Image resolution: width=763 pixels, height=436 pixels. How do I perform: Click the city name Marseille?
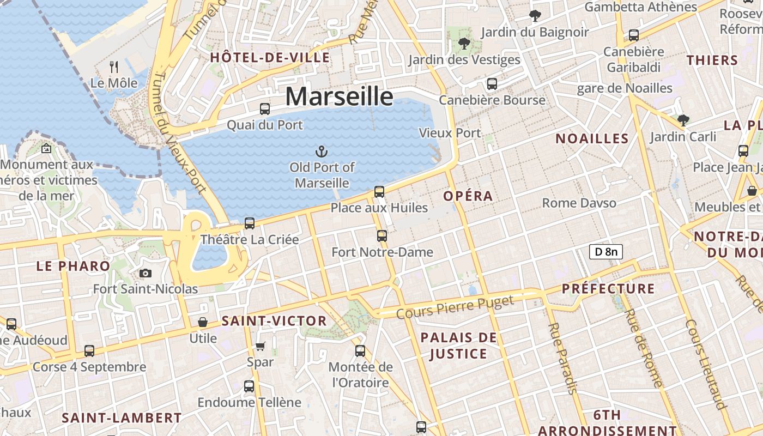coord(339,96)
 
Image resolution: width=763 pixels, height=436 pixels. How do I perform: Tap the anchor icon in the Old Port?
coord(322,151)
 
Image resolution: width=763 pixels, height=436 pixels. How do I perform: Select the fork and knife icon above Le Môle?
coord(114,67)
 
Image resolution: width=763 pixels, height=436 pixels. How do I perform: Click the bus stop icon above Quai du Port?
coord(265,108)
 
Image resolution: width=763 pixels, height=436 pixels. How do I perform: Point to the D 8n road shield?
coord(606,252)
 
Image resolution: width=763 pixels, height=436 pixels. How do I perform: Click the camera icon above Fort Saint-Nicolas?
coord(146,273)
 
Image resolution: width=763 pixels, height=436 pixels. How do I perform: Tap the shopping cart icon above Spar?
coord(261,346)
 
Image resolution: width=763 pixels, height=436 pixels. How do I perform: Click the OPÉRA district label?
coord(468,196)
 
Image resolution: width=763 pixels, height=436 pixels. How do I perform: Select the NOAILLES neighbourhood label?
coord(592,138)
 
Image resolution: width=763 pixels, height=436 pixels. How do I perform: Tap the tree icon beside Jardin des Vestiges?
coord(464,43)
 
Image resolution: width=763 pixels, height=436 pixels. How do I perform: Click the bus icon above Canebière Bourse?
coord(492,84)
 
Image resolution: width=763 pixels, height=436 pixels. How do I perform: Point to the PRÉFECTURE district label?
coord(608,288)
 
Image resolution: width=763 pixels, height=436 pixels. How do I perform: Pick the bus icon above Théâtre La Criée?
coord(250,223)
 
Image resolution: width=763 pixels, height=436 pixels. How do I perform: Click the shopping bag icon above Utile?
coord(203,322)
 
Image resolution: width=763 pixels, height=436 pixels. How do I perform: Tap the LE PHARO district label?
coord(73,267)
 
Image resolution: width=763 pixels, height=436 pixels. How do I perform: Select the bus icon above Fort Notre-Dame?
coord(382,236)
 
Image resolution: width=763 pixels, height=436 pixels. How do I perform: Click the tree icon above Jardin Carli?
coord(683,120)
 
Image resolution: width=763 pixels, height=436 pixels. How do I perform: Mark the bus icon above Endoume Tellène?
coord(249,386)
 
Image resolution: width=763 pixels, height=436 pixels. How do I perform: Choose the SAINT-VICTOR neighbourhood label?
coord(274,321)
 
